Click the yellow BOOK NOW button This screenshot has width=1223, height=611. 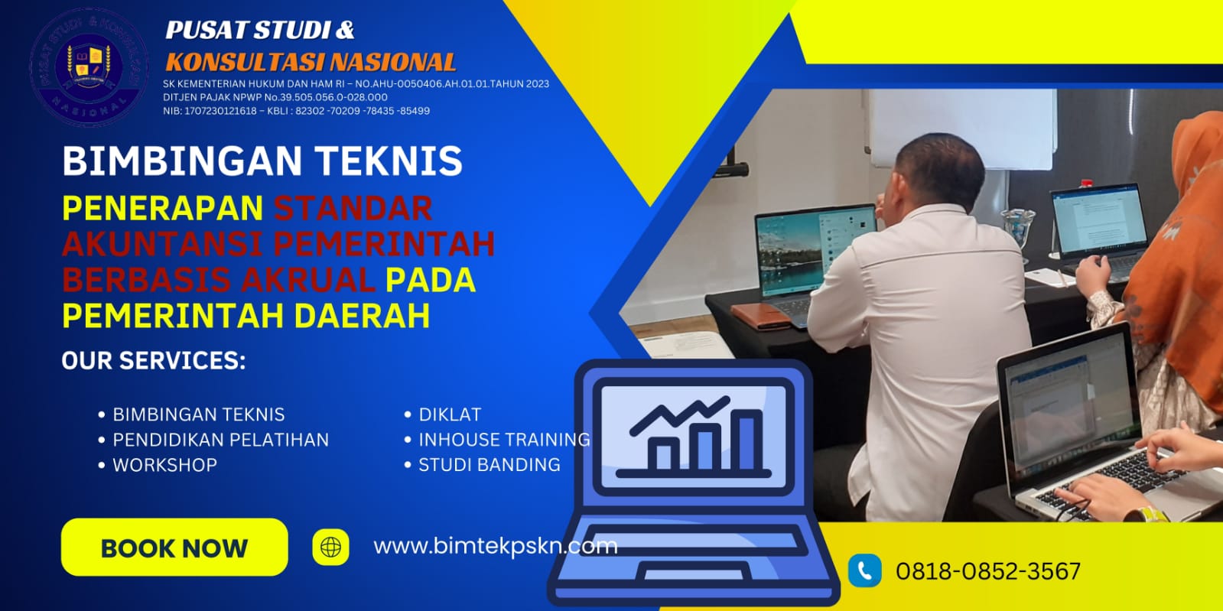[x=174, y=548]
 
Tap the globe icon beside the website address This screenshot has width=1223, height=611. [x=330, y=548]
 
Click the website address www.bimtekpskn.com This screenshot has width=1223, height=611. [x=495, y=546]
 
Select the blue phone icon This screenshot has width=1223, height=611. [x=864, y=570]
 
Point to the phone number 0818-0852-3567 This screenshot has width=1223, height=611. [x=988, y=571]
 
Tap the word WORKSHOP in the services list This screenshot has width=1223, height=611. [x=164, y=465]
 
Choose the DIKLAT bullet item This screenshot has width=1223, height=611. [x=450, y=414]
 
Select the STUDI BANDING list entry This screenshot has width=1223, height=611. [x=489, y=465]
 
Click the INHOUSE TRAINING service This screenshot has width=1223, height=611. [x=504, y=440]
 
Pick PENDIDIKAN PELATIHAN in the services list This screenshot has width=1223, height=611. [x=220, y=440]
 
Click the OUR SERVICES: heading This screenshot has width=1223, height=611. [x=154, y=361]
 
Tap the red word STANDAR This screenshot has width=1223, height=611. [x=353, y=208]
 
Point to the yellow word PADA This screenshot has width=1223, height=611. [x=430, y=280]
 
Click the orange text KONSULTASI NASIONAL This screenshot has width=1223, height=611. [x=311, y=62]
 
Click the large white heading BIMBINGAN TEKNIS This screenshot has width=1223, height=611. [x=262, y=161]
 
